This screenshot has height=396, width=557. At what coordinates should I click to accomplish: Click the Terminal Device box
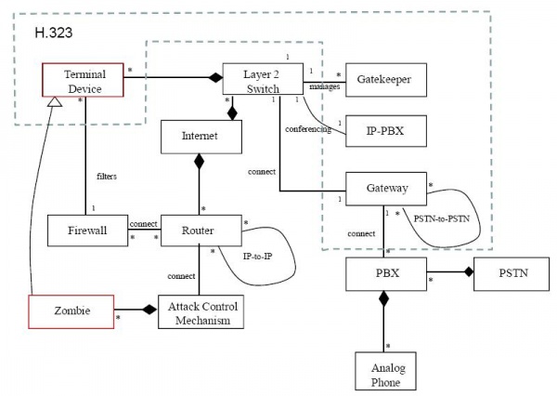point(84,80)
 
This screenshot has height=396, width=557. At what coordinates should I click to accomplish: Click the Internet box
point(201,137)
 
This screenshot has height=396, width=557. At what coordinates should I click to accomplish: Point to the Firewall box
point(89,230)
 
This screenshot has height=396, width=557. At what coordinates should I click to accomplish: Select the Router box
point(201,230)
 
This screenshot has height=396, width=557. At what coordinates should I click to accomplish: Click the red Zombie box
point(71,311)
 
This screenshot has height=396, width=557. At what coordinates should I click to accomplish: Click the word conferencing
point(307,129)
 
